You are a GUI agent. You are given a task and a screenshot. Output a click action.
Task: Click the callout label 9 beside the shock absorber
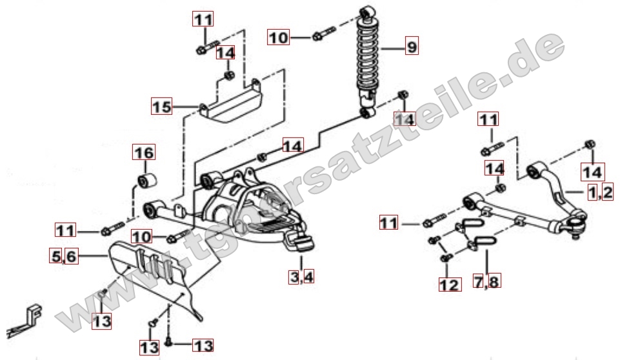click(412, 46)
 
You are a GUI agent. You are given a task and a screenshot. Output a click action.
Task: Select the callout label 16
click(144, 152)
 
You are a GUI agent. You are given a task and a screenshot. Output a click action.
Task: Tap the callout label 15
click(162, 106)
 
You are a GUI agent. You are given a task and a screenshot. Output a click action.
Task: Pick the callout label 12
click(450, 285)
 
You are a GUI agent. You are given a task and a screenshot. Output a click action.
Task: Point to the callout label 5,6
click(64, 256)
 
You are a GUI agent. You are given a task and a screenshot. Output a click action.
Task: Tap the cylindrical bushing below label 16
click(147, 181)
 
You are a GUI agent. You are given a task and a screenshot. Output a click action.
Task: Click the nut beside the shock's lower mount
click(403, 95)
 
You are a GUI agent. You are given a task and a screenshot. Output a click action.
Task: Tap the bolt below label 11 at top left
click(207, 46)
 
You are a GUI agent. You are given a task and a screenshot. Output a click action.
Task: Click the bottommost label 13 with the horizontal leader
click(203, 345)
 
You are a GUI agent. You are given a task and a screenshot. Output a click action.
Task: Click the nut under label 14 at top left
click(228, 75)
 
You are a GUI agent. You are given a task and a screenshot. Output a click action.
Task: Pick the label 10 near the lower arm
click(141, 237)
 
